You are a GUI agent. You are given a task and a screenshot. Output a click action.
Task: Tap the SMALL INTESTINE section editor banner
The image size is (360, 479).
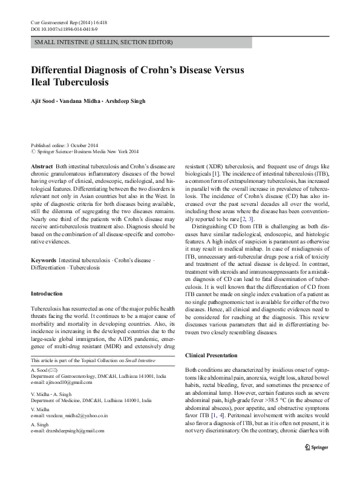[103, 43]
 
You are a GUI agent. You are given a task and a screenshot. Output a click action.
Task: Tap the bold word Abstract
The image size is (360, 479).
[41, 165]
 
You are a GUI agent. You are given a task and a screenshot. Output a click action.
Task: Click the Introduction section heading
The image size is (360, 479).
[47, 294]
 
